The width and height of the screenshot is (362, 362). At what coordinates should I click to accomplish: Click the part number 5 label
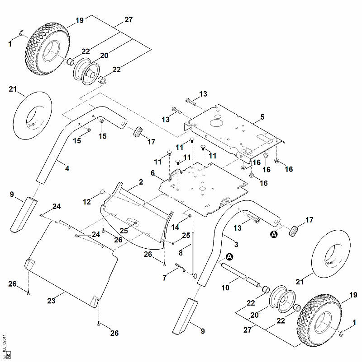click(x=262, y=117)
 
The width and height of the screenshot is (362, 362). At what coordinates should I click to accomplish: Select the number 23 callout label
click(x=52, y=301)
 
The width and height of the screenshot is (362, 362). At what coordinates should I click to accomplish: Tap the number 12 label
click(x=86, y=202)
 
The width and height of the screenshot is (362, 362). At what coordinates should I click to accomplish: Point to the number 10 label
click(x=225, y=288)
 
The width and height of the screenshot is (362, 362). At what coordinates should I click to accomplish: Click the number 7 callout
click(x=164, y=278)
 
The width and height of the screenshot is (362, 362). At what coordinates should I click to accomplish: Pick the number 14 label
click(x=175, y=227)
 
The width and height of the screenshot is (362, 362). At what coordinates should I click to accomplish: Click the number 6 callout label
click(x=152, y=173)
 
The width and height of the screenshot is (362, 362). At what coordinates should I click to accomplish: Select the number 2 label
click(x=141, y=182)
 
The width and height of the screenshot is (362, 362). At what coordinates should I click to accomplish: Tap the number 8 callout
click(x=181, y=253)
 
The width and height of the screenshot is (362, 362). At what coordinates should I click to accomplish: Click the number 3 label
click(x=236, y=244)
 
